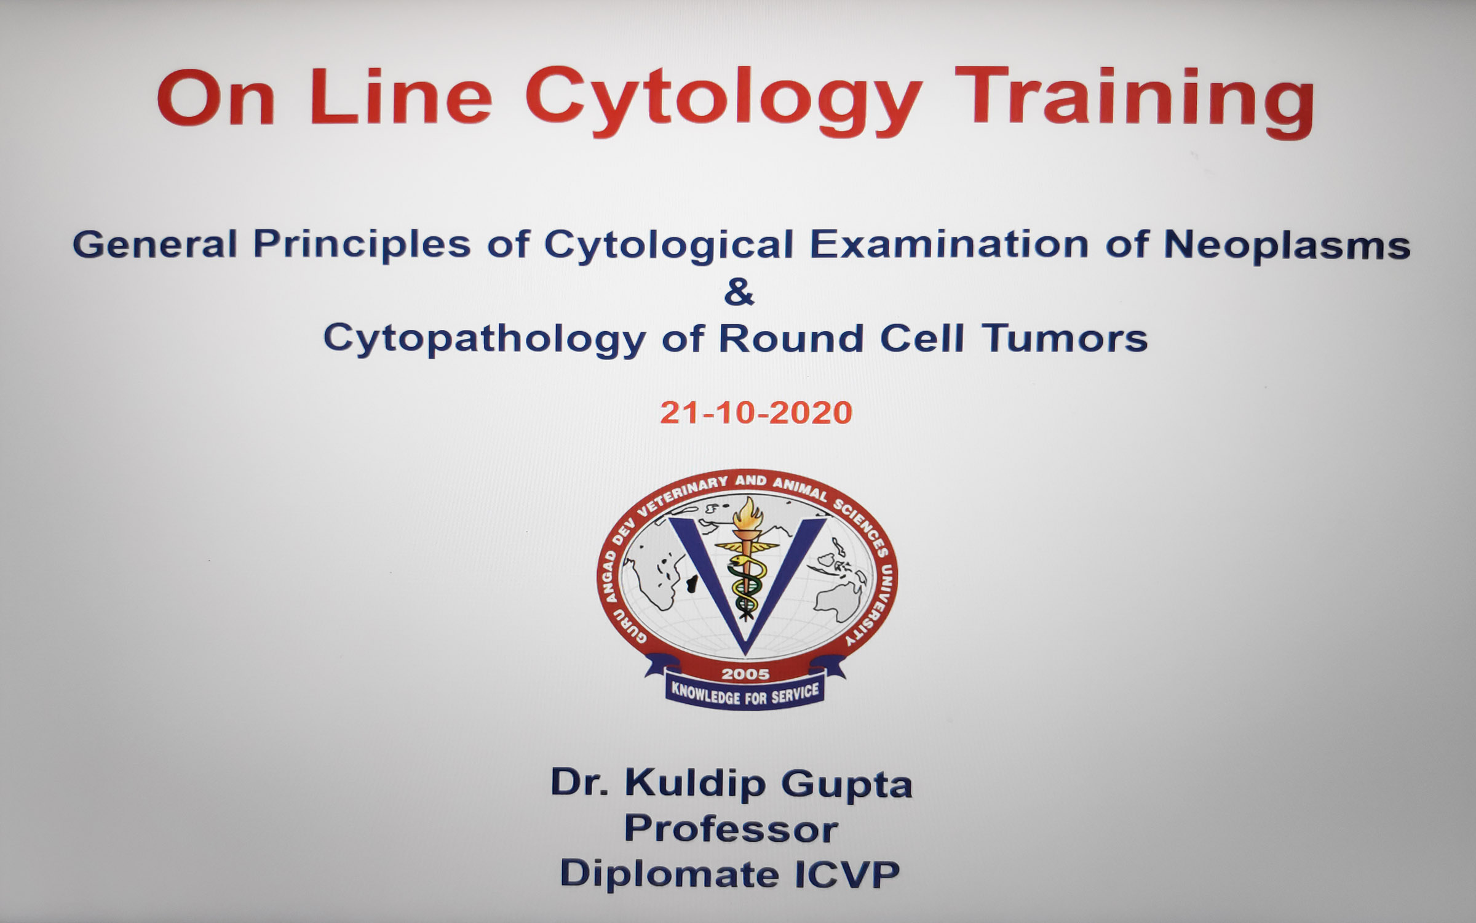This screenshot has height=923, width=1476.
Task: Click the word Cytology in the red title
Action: pyautogui.click(x=723, y=102)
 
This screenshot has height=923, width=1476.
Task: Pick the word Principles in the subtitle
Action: pyautogui.click(x=362, y=245)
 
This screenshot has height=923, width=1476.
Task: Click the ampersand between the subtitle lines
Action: pyautogui.click(x=738, y=292)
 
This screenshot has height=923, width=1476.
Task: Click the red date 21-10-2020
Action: pyautogui.click(x=756, y=412)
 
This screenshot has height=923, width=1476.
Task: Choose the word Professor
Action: pyautogui.click(x=731, y=829)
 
